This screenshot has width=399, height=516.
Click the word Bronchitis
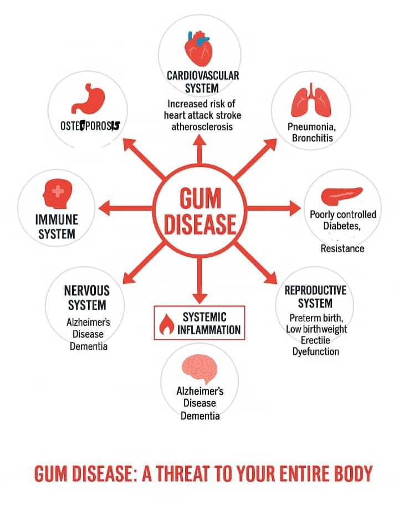(313, 138)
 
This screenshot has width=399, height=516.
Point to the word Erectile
(315, 340)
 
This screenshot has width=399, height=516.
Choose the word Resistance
(342, 248)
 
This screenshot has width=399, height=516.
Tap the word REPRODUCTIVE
(315, 291)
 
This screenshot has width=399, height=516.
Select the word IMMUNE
(57, 219)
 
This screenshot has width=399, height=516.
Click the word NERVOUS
(86, 290)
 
